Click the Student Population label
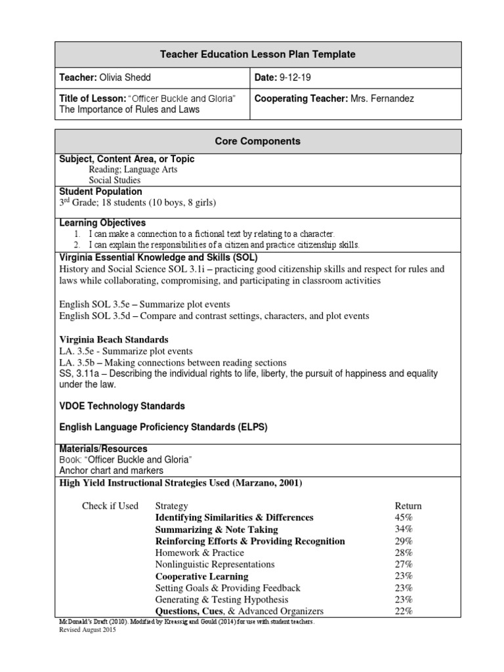(101, 192)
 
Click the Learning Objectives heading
(102, 223)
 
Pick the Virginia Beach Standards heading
(114, 340)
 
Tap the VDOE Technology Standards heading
(122, 406)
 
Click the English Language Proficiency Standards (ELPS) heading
(163, 427)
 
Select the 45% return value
(404, 518)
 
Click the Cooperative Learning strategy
(201, 576)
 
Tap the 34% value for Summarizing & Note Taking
(404, 530)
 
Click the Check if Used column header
(110, 506)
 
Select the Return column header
(408, 506)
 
